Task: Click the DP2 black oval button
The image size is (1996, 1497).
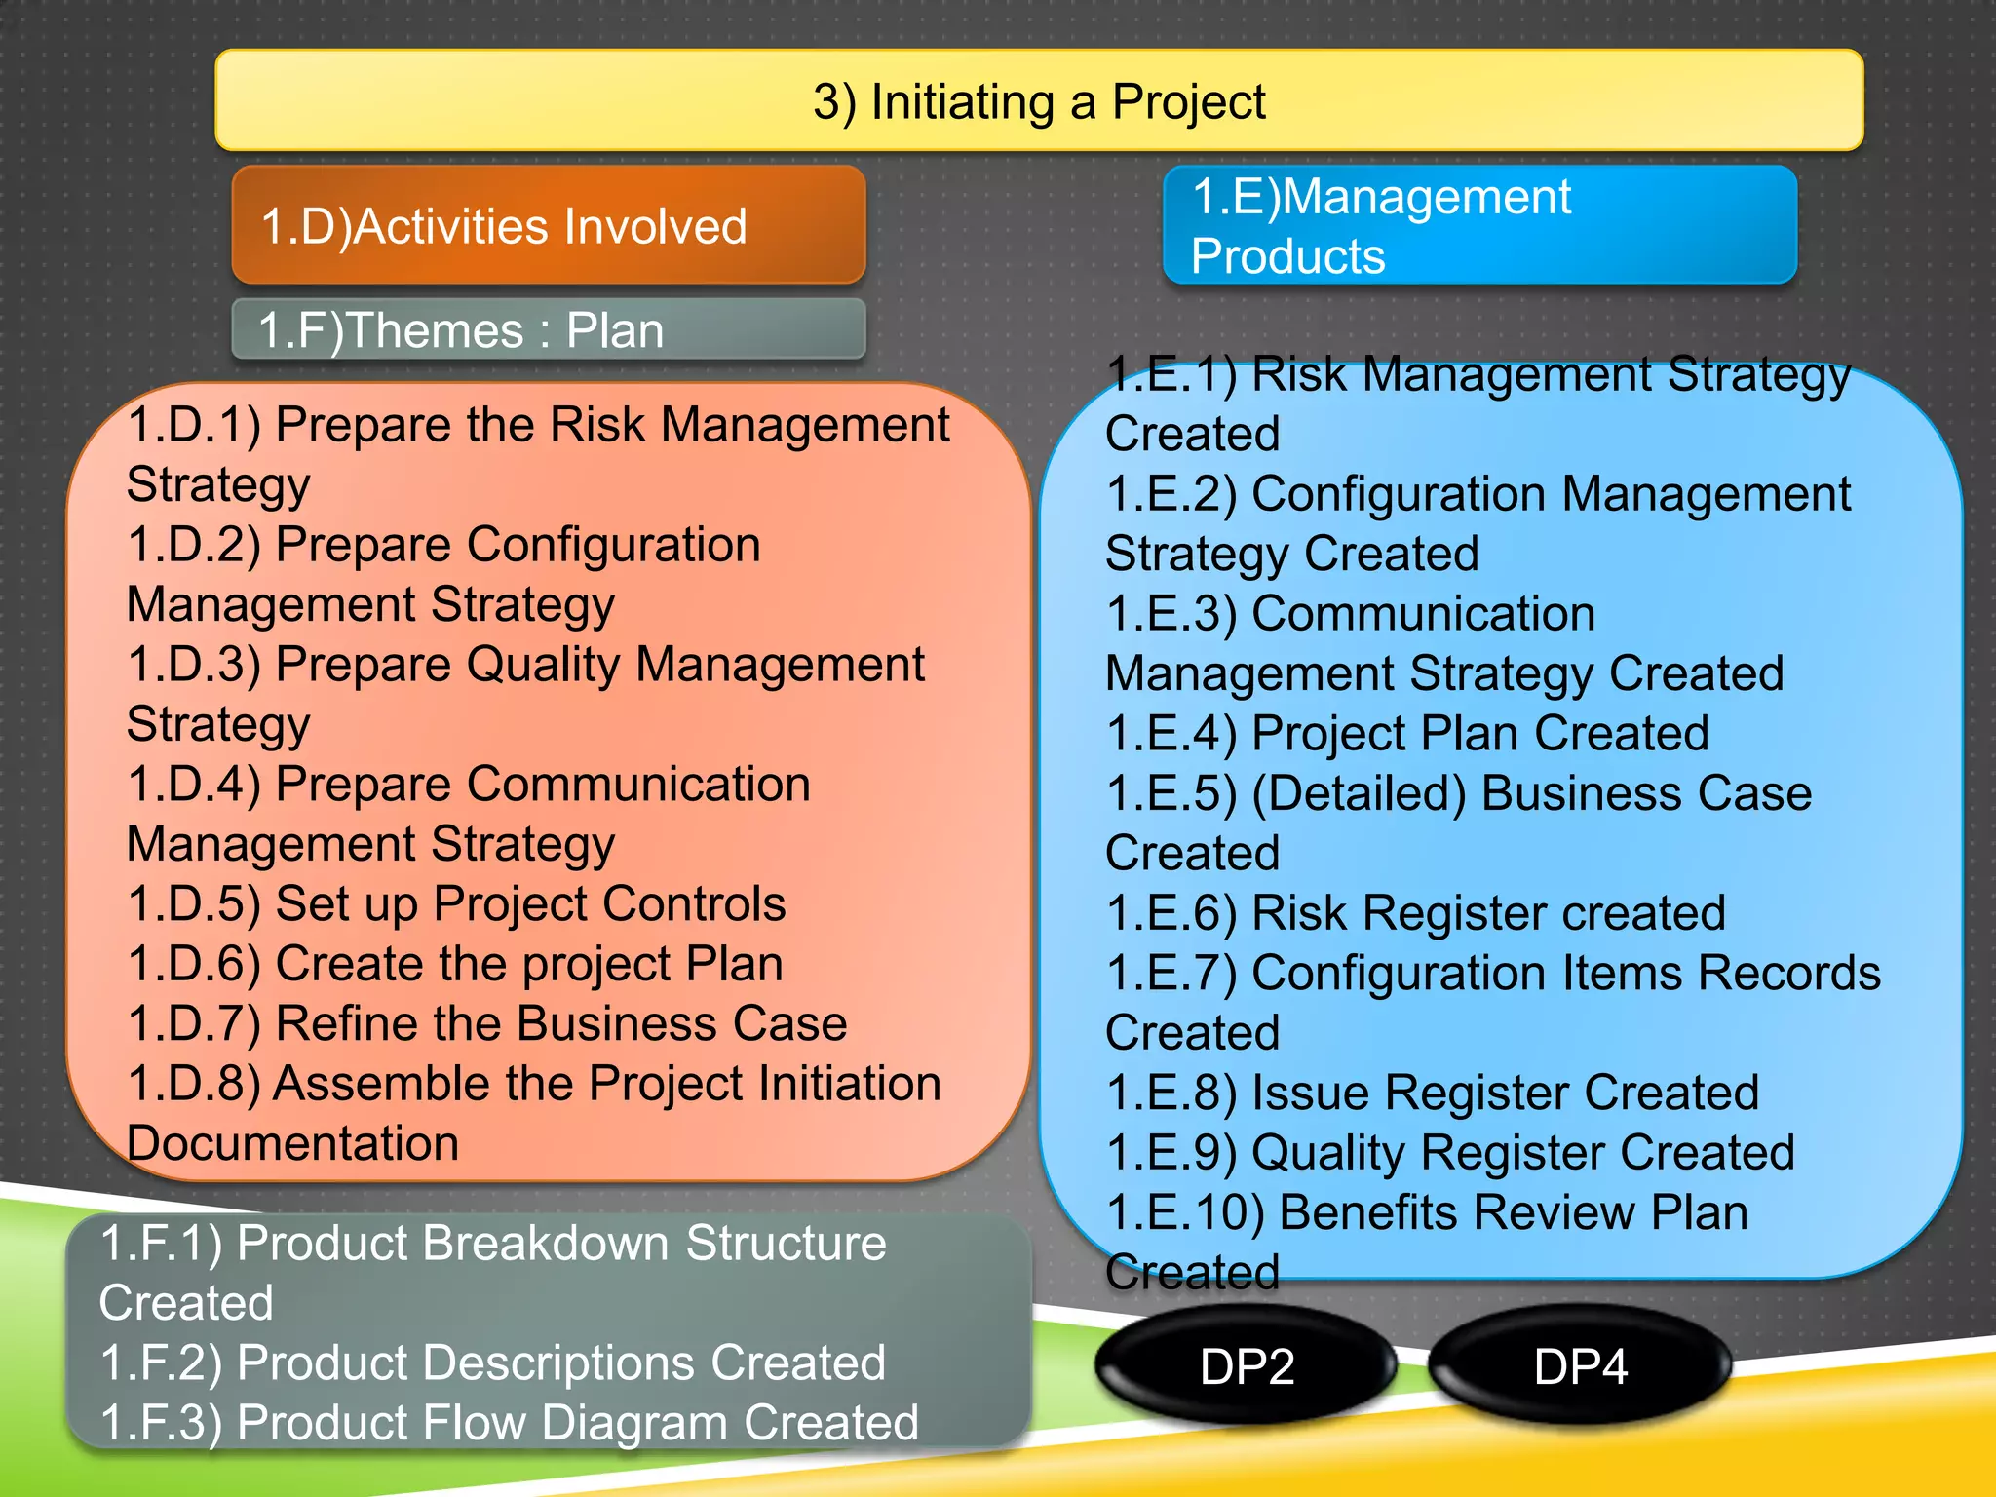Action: coord(1247,1366)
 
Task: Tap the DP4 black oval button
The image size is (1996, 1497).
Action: coord(1580,1366)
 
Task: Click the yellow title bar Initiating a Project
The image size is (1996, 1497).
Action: coord(1039,101)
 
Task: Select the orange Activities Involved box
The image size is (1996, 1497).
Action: coord(549,226)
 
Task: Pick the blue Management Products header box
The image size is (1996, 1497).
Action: coord(1479,226)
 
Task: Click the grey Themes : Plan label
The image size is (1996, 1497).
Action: coord(549,330)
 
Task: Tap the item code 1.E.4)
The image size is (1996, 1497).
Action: coord(1172,734)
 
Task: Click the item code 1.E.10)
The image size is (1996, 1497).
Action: coord(1186,1213)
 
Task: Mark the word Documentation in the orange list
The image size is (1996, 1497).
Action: coord(292,1144)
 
